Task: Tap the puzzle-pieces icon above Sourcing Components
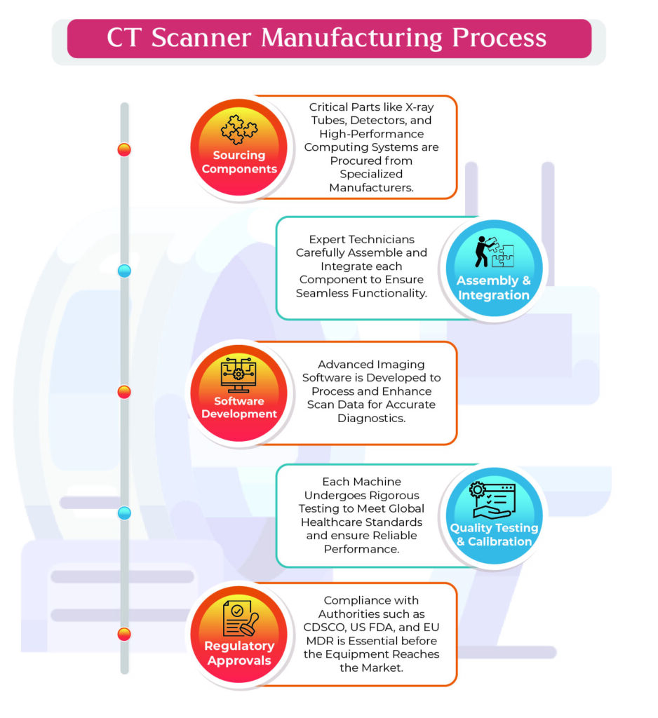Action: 239,130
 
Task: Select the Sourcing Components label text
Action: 239,162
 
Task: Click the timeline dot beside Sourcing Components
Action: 124,149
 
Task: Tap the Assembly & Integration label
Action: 494,287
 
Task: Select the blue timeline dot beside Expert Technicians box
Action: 124,271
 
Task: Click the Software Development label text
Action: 239,407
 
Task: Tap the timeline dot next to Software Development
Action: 124,392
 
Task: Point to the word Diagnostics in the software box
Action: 372,418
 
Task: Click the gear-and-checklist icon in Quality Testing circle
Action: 493,499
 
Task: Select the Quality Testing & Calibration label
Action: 494,534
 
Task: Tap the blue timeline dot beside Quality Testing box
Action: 124,513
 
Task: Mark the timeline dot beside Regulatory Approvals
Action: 124,635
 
